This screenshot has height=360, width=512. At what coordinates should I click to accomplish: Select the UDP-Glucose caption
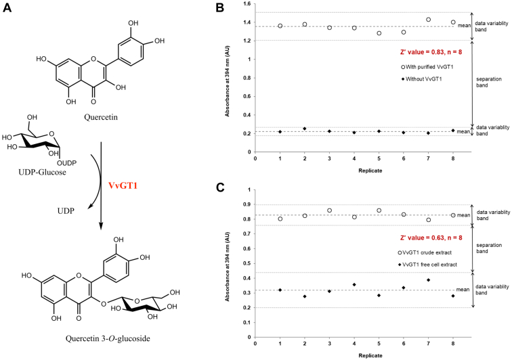point(28,172)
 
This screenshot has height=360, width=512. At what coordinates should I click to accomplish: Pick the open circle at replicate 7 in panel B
point(428,20)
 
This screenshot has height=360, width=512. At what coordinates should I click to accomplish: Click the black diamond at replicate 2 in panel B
point(305,129)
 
